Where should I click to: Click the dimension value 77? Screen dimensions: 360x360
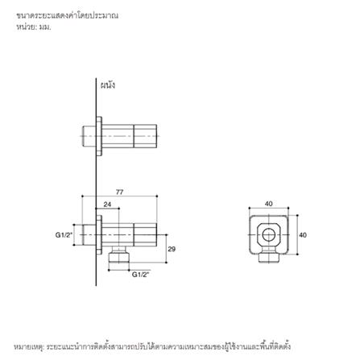119,192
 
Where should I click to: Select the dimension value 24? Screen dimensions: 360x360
107,205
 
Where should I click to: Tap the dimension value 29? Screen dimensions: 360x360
172,249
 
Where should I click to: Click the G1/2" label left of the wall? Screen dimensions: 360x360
64,234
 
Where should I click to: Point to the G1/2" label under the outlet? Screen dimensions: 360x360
140,275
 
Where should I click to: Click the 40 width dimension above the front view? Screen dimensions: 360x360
268,204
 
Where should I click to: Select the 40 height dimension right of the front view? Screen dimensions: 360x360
303,235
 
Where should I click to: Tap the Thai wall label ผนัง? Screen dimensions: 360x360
107,85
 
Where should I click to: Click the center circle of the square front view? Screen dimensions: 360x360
268,235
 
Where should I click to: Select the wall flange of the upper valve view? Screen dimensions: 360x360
100,134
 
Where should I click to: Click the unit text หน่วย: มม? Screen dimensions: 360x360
33,27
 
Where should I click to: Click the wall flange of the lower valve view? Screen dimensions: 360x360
100,234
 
